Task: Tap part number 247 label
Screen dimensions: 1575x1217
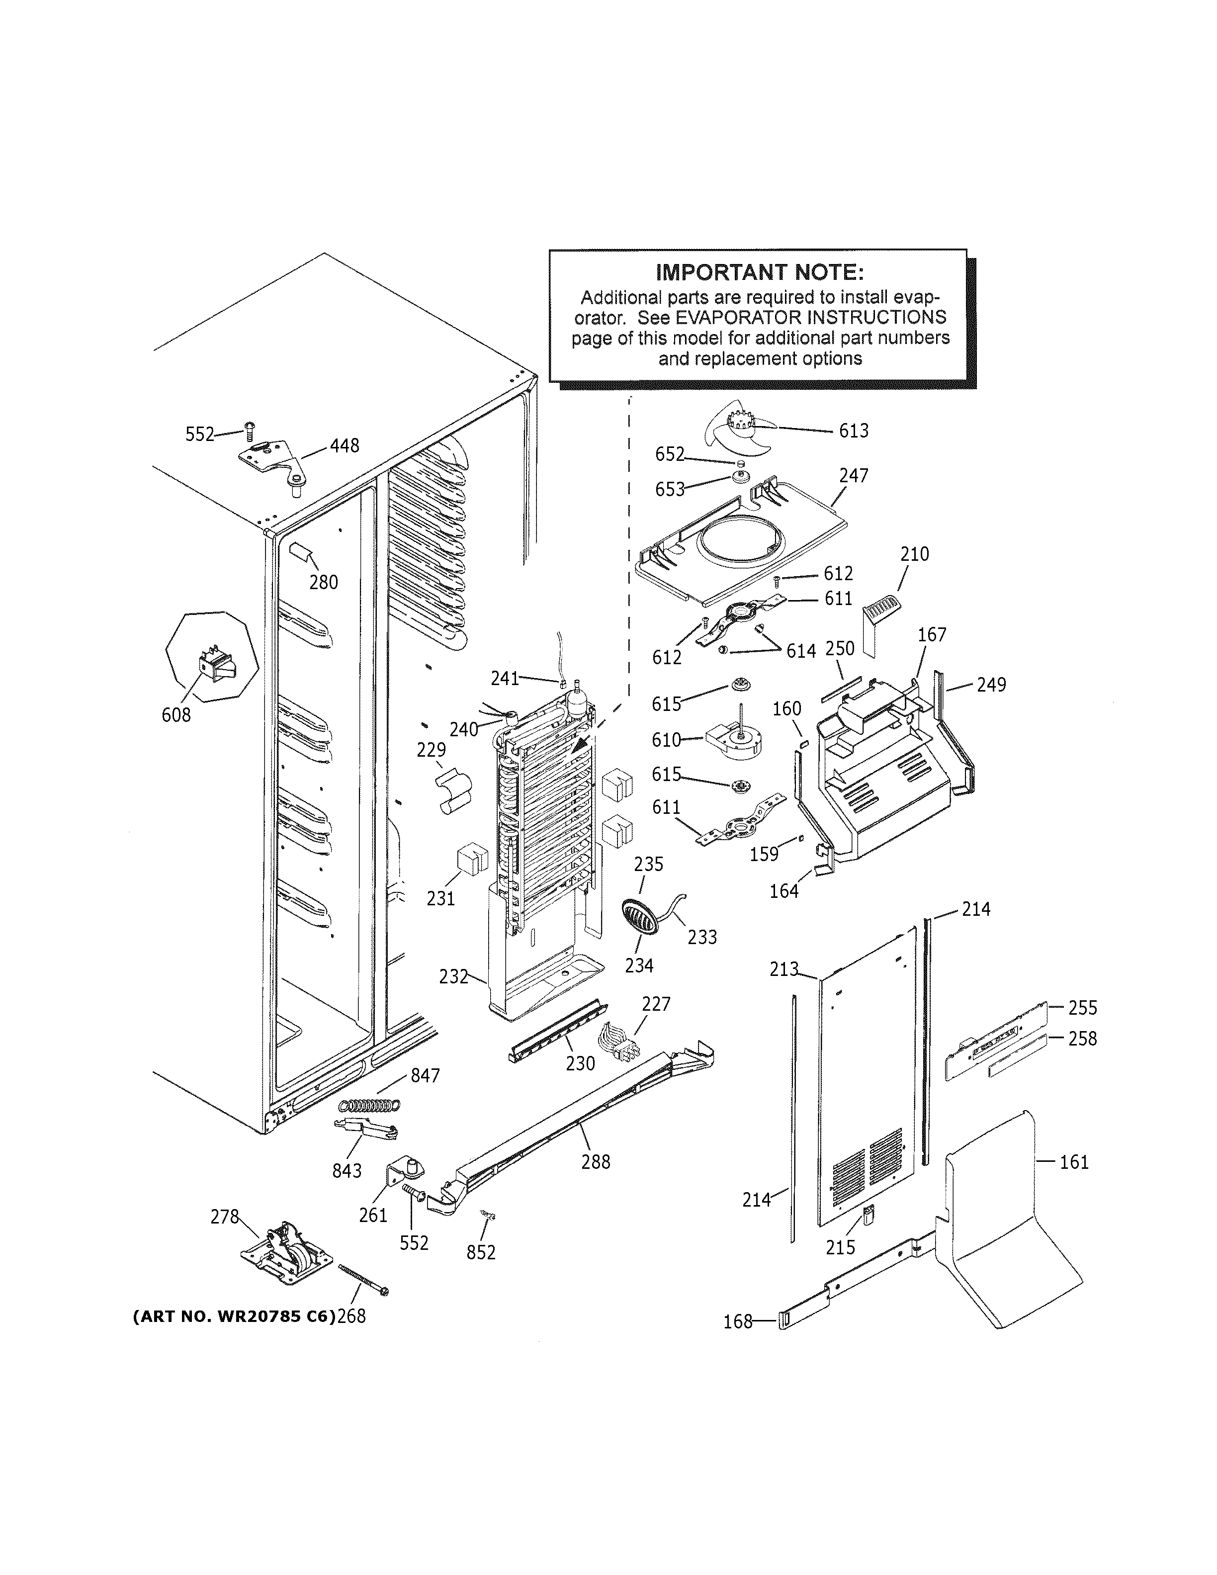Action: click(854, 475)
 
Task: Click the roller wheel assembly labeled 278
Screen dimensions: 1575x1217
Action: click(285, 1254)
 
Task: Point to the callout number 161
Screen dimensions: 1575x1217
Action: click(1073, 1162)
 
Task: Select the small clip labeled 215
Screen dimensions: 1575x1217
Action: click(868, 1214)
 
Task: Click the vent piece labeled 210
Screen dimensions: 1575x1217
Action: click(879, 619)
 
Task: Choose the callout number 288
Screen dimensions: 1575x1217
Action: click(596, 1162)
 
